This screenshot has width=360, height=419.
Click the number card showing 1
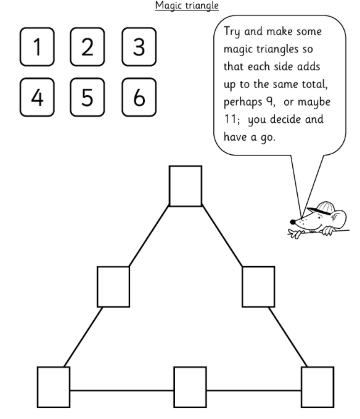coord(37,47)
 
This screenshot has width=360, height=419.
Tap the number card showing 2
coord(88,47)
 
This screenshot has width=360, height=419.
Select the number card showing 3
coord(139,47)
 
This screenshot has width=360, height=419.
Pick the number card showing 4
coord(37,97)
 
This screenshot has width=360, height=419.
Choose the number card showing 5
coord(88,97)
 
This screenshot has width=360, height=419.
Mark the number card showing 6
coord(139,97)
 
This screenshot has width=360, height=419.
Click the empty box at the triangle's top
coord(186,186)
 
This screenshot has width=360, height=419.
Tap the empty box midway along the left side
coord(113,287)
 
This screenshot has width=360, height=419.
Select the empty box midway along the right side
coord(258,287)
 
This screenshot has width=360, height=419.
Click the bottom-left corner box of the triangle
coord(54,387)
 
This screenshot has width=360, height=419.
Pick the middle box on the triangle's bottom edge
coord(190,387)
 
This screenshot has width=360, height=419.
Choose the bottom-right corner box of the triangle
coord(317,387)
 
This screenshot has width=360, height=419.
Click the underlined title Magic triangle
coord(187,6)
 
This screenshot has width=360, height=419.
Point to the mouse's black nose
coord(293,222)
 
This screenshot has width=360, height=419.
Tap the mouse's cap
coord(322,207)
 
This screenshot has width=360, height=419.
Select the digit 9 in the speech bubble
coord(269,102)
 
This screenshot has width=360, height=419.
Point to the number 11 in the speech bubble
coord(230,119)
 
